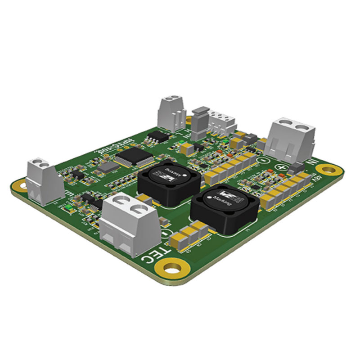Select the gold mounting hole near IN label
(327, 170)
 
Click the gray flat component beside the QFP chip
(109, 168)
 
